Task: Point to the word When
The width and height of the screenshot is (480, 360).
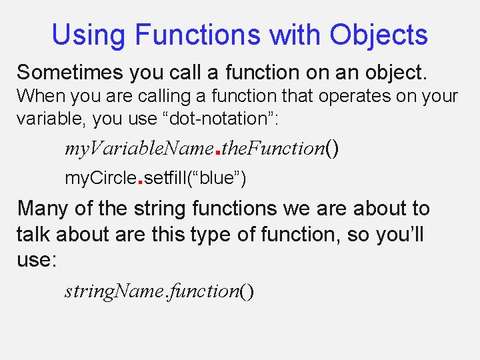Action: coord(38,96)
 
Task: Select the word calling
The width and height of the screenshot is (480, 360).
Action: coord(141,96)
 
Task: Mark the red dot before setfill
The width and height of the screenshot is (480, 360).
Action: coord(139,181)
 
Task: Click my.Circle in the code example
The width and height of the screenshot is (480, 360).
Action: coord(99,178)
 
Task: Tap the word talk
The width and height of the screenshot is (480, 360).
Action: coord(34,234)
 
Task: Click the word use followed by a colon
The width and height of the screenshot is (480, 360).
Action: coord(37,260)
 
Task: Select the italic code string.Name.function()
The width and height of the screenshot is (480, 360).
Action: coord(159,291)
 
